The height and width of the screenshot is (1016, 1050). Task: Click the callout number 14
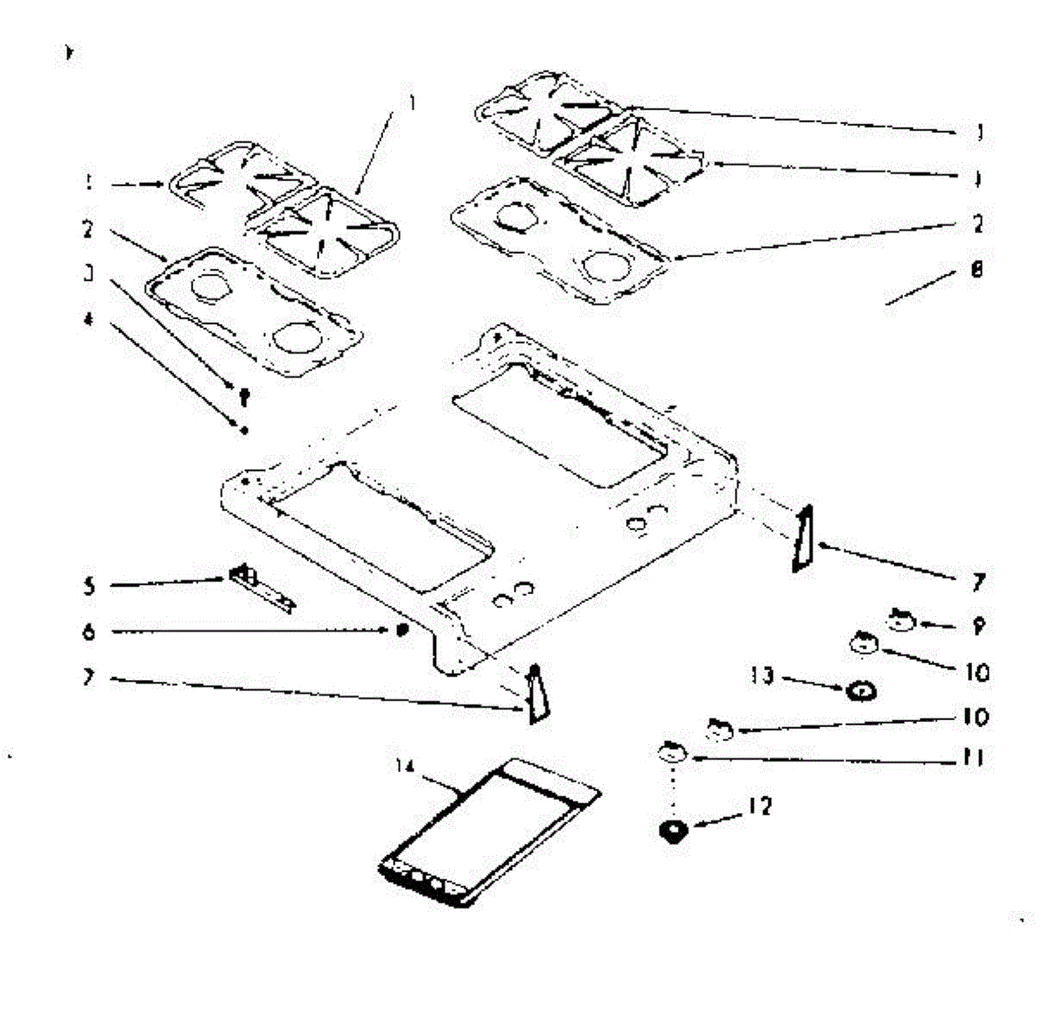(403, 767)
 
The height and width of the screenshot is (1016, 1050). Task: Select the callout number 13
(762, 676)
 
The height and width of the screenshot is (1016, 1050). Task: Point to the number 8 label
(976, 270)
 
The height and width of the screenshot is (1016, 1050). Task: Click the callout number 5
(89, 585)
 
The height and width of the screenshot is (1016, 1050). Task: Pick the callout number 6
(88, 631)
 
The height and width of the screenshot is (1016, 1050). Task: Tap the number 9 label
(978, 627)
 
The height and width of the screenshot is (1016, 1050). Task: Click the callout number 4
(87, 319)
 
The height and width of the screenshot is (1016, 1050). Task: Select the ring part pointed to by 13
(861, 691)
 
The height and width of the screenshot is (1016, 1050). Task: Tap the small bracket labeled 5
(261, 587)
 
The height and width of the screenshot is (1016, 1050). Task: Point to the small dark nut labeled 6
(402, 630)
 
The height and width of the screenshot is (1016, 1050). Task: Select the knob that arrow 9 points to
(900, 621)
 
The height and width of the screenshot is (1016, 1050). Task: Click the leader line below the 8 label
(919, 290)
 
